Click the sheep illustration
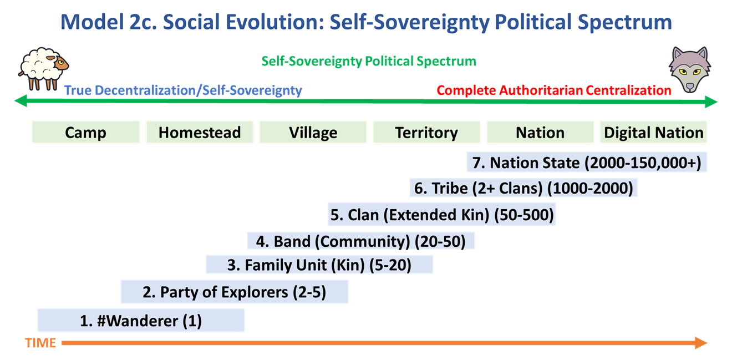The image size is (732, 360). coord(43,69)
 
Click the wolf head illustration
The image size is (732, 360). coord(689,70)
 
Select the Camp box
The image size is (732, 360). coord(85,132)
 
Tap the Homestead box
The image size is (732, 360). coord(200,132)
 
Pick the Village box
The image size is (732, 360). coord(313,132)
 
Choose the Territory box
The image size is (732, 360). coord(426,132)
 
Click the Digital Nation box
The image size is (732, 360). coord(654,132)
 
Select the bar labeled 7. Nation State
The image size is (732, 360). coord(587,162)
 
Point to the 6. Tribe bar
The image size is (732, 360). coord(523,188)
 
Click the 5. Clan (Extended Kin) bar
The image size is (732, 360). coord(442,215)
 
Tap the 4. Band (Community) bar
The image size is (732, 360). coord(361,241)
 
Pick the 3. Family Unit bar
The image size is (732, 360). coord(319,265)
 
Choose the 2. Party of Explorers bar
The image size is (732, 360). coord(235,292)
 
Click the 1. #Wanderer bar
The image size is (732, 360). coord(141,321)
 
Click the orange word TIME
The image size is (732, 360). coord(40,343)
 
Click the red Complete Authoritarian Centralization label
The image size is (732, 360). coord(554,90)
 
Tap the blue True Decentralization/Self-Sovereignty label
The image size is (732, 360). coord(183,90)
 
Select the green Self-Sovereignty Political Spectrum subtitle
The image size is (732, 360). coord(369,61)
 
